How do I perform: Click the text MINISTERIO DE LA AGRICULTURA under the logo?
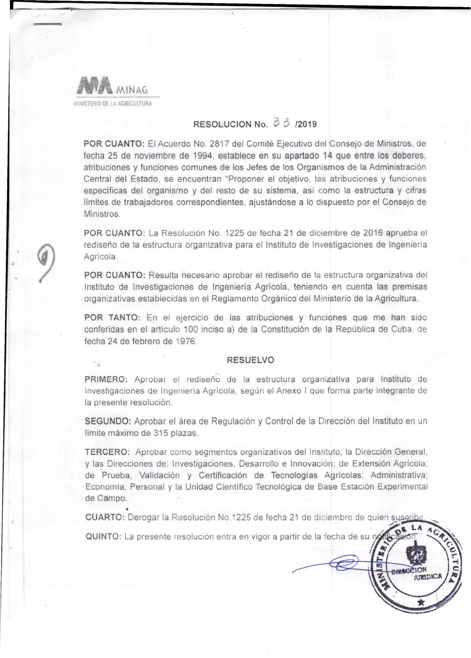point(113,104)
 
